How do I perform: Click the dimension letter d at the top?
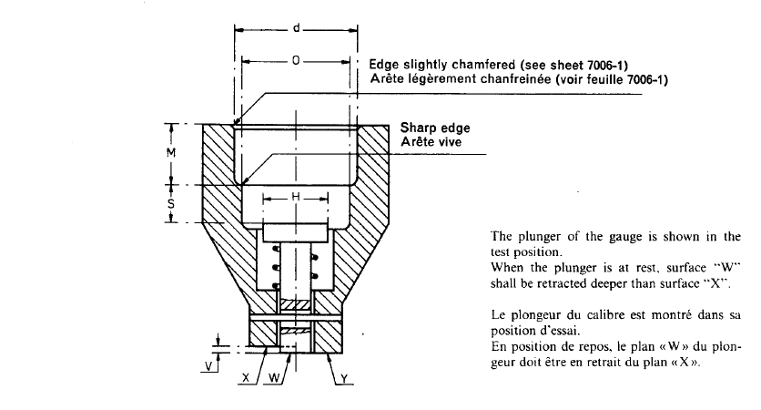click(297, 30)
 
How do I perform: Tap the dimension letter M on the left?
click(170, 153)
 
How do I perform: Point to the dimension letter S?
click(170, 204)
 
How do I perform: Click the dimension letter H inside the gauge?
click(296, 198)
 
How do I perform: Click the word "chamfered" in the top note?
click(488, 66)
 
